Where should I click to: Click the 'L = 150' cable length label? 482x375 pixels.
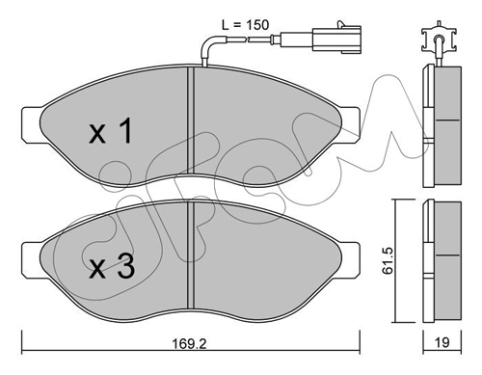245,25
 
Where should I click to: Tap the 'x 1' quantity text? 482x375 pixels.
110,131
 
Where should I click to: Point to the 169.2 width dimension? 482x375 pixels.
189,343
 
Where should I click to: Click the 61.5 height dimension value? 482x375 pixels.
388,261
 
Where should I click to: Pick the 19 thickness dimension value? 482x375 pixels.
442,342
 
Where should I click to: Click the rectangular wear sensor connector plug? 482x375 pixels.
336,40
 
